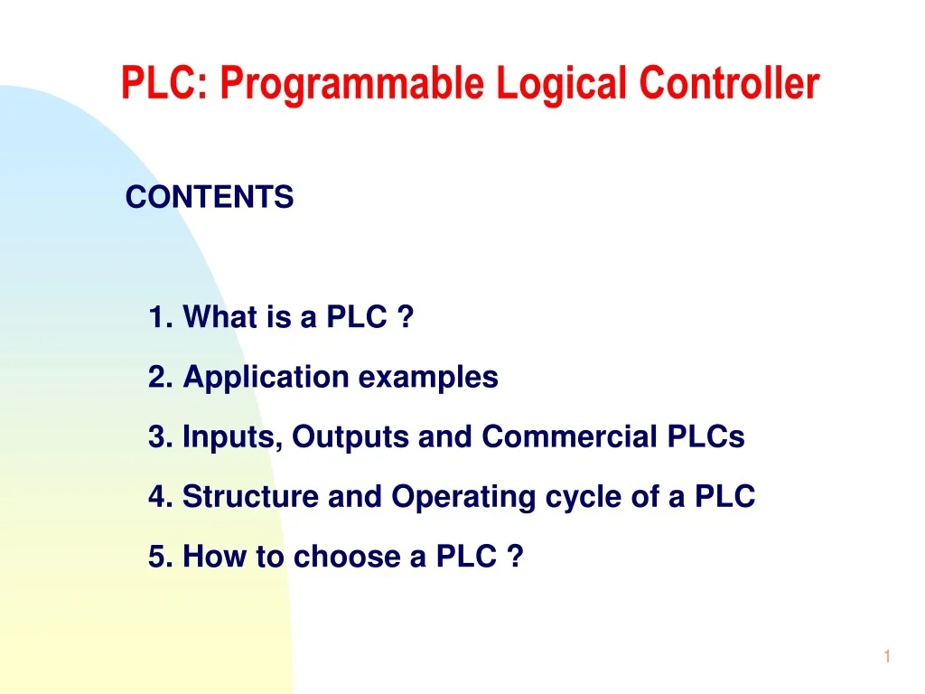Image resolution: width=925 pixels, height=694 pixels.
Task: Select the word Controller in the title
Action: (x=729, y=84)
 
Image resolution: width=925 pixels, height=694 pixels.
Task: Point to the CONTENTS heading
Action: (x=210, y=197)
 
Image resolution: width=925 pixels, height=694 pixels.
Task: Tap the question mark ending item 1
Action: (x=406, y=318)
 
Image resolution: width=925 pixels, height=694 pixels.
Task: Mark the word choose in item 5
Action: (x=348, y=558)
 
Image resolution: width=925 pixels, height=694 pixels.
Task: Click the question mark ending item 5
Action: (x=515, y=558)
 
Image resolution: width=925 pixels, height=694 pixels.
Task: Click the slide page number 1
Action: (x=887, y=658)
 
